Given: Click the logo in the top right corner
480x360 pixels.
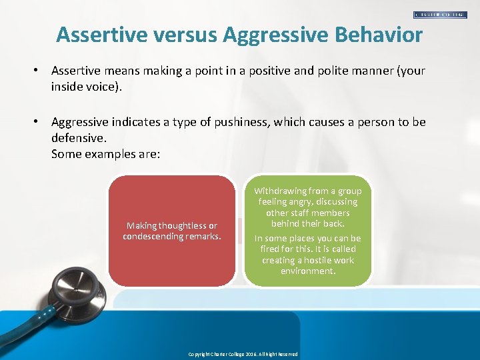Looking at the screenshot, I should pos(440,14).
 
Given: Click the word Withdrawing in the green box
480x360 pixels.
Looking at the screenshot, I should pos(281,191).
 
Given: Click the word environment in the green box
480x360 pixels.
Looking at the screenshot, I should pos(308,271).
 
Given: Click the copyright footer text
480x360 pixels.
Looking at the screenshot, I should pos(243,354).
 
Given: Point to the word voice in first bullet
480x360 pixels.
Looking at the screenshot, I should pos(101,86).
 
